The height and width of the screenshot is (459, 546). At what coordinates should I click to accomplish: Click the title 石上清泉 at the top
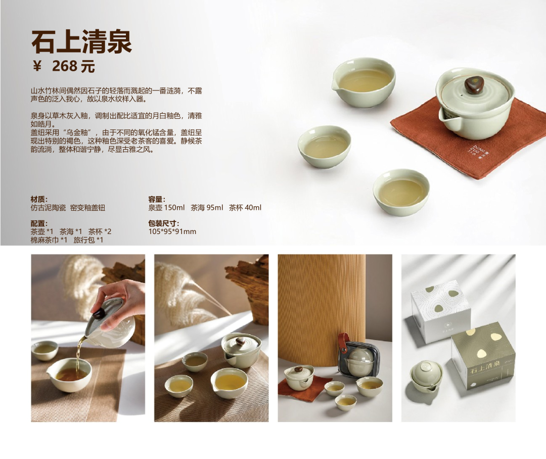[81, 42]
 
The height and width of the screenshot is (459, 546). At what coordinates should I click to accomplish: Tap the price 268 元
[73, 66]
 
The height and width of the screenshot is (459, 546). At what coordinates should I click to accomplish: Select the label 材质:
[39, 199]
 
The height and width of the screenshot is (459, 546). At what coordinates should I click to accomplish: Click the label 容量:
[157, 199]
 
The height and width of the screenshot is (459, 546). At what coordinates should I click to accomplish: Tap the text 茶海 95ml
[207, 208]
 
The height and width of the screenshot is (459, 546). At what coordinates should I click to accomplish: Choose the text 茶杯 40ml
[245, 208]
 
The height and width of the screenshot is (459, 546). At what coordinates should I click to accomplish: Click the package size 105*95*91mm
[172, 232]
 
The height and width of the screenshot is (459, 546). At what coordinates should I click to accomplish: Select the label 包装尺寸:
[164, 223]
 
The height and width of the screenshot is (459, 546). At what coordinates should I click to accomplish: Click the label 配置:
[39, 223]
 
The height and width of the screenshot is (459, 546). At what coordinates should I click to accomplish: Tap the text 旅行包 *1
[88, 240]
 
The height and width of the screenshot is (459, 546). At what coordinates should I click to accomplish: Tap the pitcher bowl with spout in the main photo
[363, 82]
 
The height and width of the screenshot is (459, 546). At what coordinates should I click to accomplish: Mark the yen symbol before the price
[37, 66]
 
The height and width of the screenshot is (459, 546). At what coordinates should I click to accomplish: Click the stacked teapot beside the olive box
[426, 377]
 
